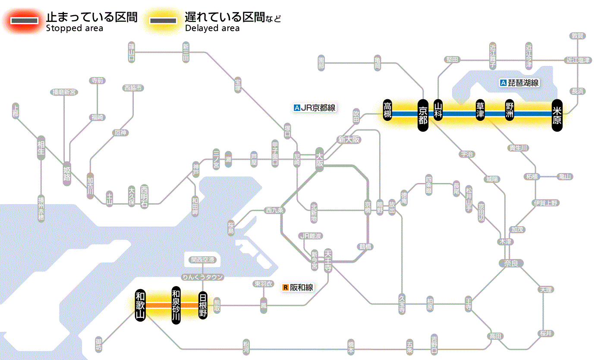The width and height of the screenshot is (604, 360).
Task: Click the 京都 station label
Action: pos(423,114)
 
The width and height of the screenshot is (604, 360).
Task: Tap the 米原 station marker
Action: pos(557,115)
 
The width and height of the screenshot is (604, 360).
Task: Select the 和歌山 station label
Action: pos(140,305)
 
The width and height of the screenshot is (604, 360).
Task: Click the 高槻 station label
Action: pos(387,111)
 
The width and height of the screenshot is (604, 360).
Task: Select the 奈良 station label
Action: pos(511,263)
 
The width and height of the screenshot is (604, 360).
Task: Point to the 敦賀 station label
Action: pos(577,36)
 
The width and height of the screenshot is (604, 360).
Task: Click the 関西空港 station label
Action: pos(202,260)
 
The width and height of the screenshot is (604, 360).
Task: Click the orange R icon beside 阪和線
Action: pos(285,287)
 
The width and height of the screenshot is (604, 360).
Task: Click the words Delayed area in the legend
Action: pos(212,28)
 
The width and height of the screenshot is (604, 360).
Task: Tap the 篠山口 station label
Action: pos(132,51)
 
